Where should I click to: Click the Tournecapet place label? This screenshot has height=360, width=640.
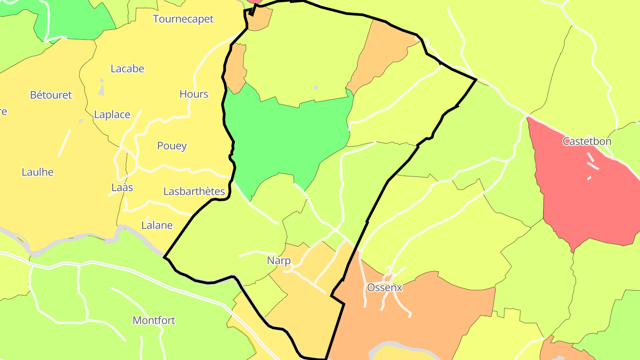pyautogui.click(x=183, y=19)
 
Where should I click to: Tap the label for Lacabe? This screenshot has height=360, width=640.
pyautogui.click(x=128, y=69)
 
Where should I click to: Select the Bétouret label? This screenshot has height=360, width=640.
pyautogui.click(x=51, y=95)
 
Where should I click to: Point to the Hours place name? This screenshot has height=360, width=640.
pyautogui.click(x=194, y=94)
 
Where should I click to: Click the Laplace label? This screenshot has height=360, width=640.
pyautogui.click(x=112, y=115)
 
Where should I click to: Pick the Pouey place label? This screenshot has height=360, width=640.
pyautogui.click(x=172, y=146)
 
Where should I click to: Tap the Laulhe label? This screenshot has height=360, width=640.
pyautogui.click(x=38, y=172)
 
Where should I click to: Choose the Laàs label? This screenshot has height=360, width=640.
pyautogui.click(x=122, y=188)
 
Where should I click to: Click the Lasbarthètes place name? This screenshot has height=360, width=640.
pyautogui.click(x=194, y=192)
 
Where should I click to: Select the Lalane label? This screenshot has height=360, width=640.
pyautogui.click(x=157, y=225)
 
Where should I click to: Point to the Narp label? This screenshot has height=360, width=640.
pyautogui.click(x=279, y=260)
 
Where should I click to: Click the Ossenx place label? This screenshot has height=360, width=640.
pyautogui.click(x=384, y=288)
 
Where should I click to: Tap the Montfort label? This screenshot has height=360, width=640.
pyautogui.click(x=154, y=320)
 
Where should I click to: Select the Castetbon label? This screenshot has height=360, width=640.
pyautogui.click(x=587, y=142)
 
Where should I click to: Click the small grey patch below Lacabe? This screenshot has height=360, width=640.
pyautogui.click(x=102, y=91)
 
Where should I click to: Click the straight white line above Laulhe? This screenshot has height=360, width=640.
pyautogui.click(x=64, y=143)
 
